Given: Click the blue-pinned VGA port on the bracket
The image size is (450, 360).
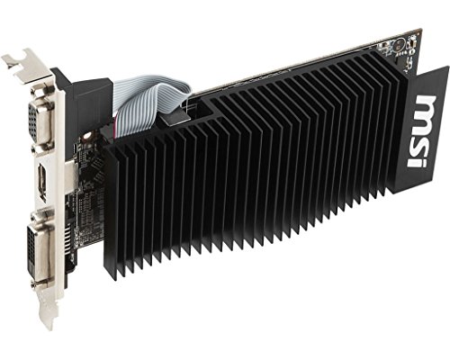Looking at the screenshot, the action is (x=40, y=122).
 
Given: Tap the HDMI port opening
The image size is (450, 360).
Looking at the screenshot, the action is (x=41, y=183).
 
